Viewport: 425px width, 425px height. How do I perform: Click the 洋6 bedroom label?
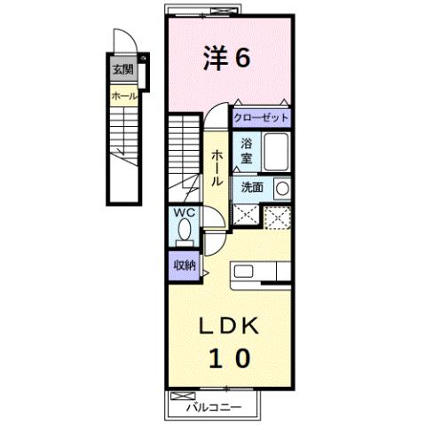click(x=227, y=58)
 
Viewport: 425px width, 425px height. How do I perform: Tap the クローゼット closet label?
click(x=262, y=116)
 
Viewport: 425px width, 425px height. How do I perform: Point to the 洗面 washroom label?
click(x=251, y=188)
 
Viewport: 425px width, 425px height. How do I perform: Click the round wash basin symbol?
click(x=282, y=188)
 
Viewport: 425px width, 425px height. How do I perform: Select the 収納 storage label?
click(x=184, y=264)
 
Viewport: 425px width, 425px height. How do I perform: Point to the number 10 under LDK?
click(x=228, y=359)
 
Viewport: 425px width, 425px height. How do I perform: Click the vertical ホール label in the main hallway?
click(x=216, y=167)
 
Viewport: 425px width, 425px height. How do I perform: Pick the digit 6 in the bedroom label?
click(x=242, y=58)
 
